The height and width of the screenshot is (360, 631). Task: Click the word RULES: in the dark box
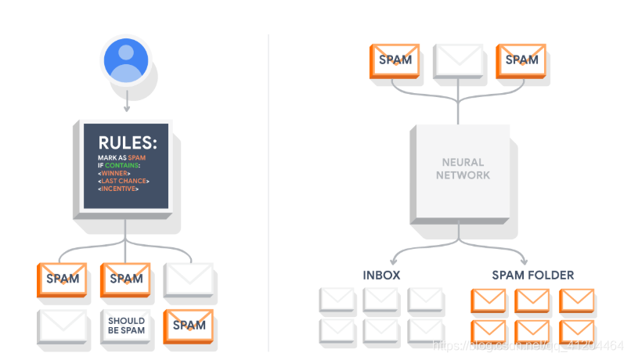[x=128, y=143]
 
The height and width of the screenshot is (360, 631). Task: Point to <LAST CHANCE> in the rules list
[x=124, y=182]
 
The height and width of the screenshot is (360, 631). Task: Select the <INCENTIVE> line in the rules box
[x=119, y=189]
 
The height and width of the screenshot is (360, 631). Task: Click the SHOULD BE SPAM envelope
[x=126, y=326]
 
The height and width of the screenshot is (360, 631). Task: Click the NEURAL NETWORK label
[x=463, y=169]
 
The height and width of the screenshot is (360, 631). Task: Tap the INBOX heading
[x=381, y=275]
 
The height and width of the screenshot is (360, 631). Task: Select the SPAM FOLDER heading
[x=532, y=275]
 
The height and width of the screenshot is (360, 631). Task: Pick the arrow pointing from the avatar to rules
[x=125, y=101]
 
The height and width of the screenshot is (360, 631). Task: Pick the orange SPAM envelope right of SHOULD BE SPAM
[x=189, y=325]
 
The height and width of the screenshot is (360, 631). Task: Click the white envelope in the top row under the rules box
[x=189, y=279]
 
